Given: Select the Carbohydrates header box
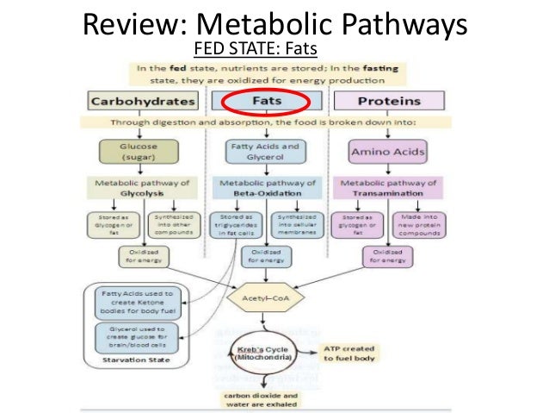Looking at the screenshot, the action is coord(143,102).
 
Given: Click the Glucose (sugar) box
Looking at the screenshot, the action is coord(143,153).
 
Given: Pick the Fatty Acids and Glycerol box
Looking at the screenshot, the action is coord(265,153).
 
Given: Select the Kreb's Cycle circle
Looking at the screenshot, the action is coord(266,354).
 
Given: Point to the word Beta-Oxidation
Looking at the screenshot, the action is coord(265,194).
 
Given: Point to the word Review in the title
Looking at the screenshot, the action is coord(130,22).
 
